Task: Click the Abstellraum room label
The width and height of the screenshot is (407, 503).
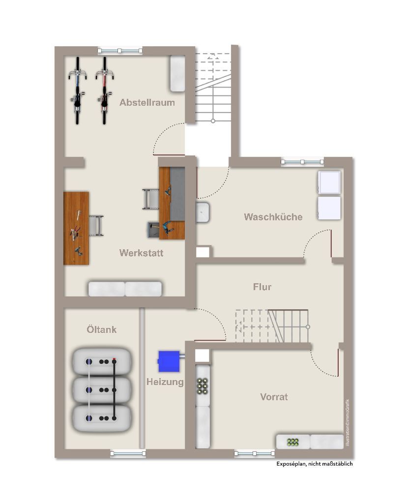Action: pos(147,103)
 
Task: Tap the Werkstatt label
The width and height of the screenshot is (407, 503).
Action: pos(141,253)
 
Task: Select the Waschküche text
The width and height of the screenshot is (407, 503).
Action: pos(273,217)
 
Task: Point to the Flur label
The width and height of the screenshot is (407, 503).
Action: pos(262,287)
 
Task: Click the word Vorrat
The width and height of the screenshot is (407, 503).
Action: pos(274,397)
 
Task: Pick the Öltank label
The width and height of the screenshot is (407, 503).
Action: pos(102,329)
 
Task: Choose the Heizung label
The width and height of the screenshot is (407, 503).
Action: pos(165,382)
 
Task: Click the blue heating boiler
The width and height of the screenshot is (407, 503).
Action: pos(170,361)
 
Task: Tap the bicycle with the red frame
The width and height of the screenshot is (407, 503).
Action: pos(104,90)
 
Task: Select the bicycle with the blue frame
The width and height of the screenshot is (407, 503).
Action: pos(77,90)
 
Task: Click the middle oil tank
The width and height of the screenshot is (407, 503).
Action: pos(102,390)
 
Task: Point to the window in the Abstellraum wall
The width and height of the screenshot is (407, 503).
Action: pos(120,51)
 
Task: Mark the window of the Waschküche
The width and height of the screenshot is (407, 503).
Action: pos(302,162)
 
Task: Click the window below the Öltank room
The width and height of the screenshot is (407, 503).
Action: pos(128,453)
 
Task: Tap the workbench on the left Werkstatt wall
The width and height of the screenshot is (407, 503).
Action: pos(76,229)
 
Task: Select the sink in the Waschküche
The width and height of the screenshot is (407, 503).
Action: pos(203,212)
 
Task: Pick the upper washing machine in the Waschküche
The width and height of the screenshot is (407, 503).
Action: pos(329,182)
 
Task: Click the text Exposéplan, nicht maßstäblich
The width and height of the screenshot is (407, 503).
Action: pos(314,464)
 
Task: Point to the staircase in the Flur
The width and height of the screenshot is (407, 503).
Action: pos(272,326)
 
